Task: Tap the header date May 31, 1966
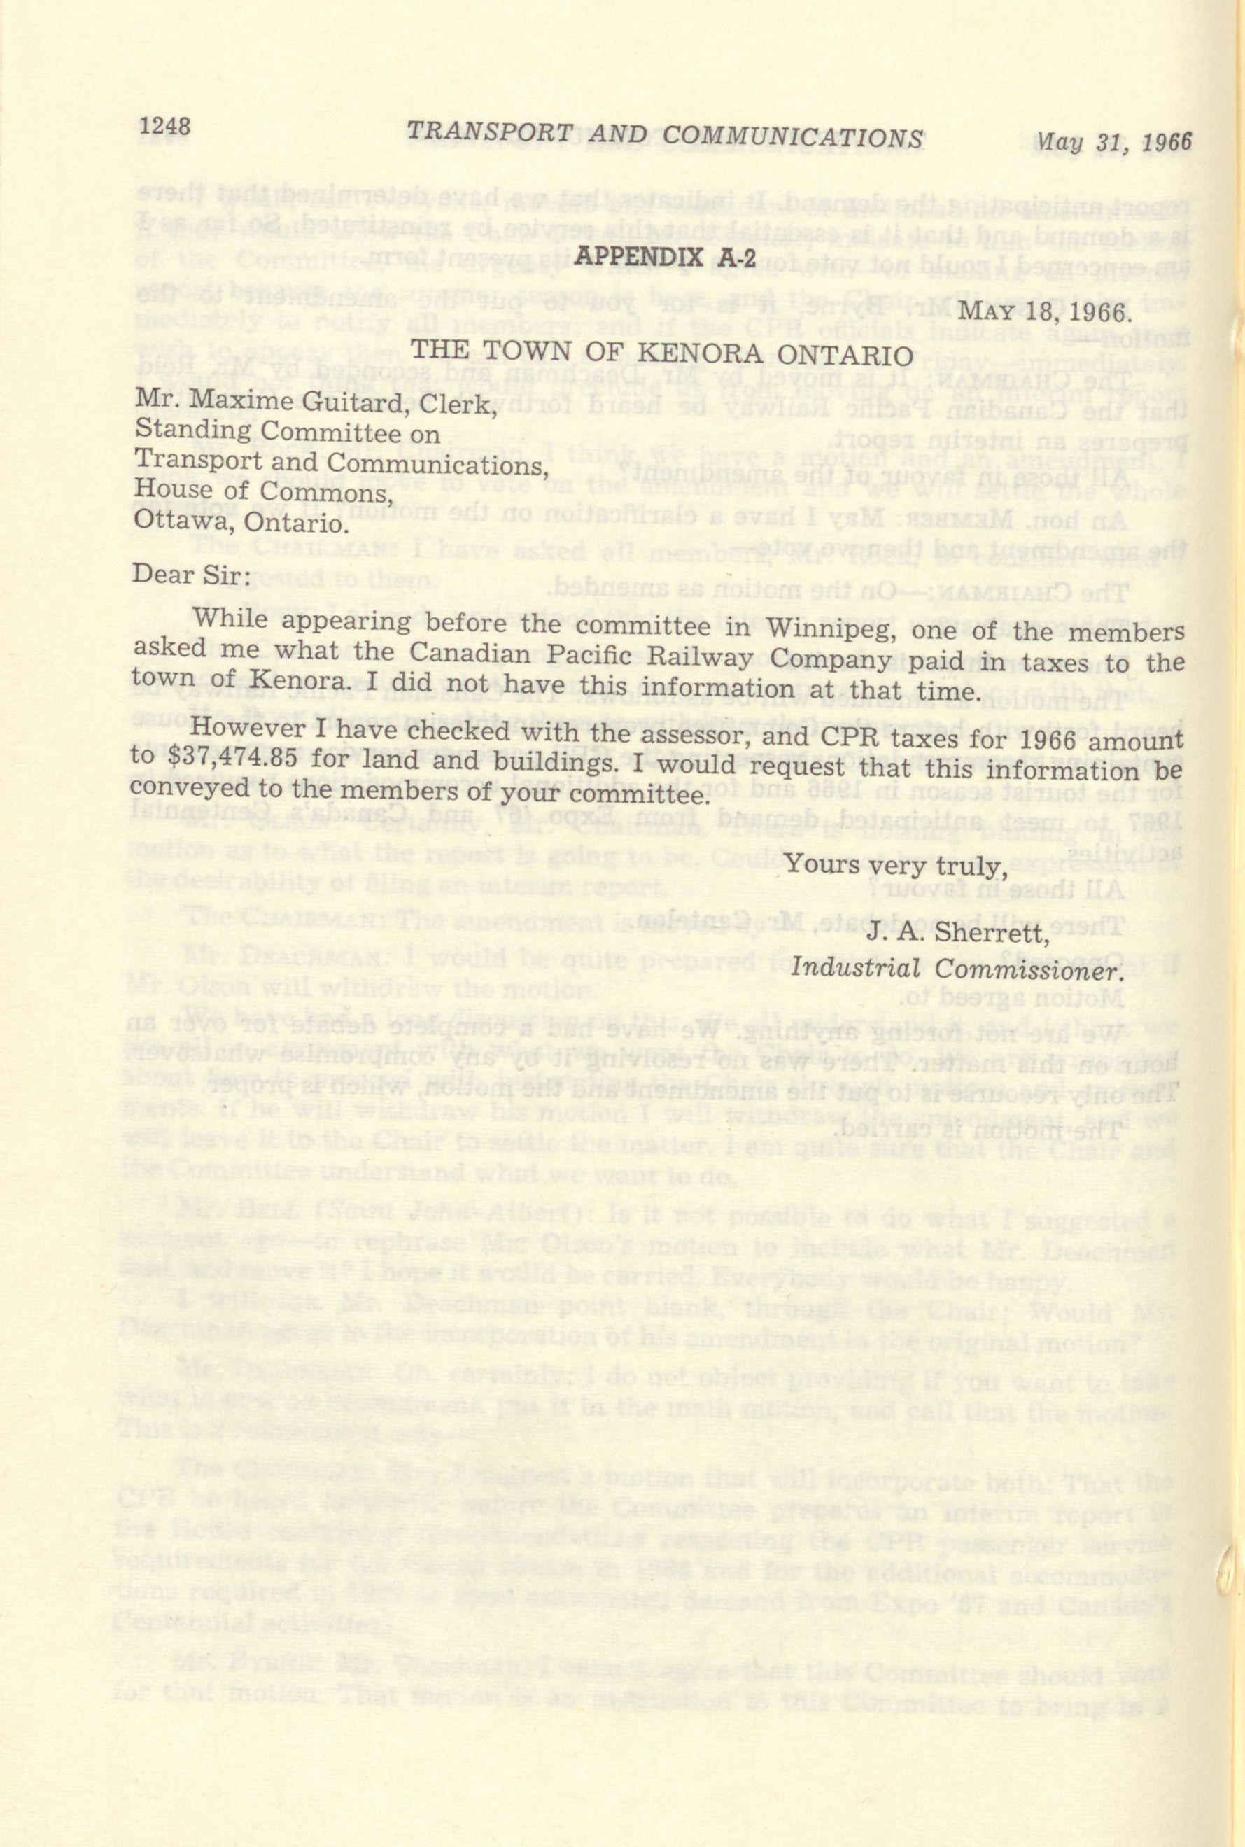point(1114,142)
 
